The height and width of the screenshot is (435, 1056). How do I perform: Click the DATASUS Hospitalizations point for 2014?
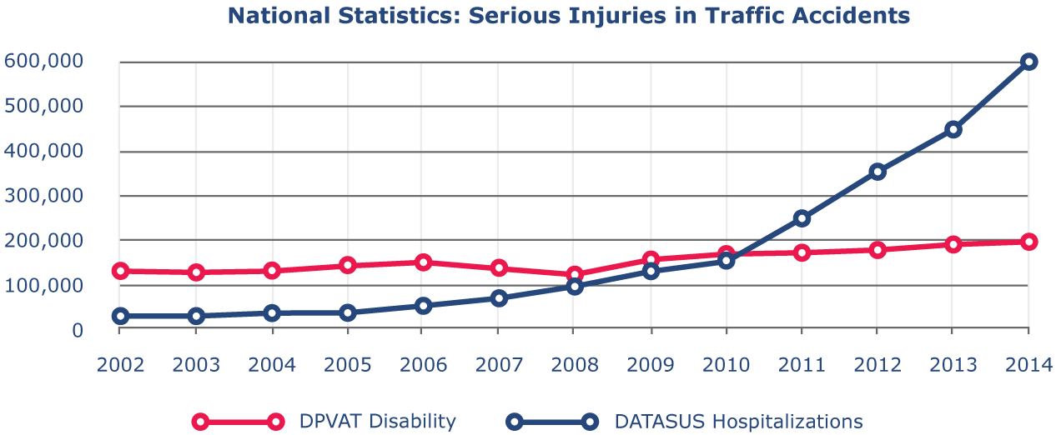point(1029,62)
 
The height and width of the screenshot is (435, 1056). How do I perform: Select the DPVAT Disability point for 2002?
point(119,271)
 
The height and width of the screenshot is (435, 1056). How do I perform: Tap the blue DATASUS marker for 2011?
point(802,218)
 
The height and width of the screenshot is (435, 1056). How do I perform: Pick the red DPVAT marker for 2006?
point(422,262)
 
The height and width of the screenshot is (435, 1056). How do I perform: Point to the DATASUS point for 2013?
point(953,129)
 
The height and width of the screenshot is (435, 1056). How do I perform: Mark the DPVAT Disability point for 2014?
point(1029,242)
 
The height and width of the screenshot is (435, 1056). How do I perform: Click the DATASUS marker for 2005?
point(347,312)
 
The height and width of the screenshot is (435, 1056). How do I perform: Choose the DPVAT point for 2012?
point(877,250)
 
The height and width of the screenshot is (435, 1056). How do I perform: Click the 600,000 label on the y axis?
point(43,62)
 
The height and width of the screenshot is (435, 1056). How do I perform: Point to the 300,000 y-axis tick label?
point(43,196)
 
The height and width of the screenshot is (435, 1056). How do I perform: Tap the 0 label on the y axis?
point(77,330)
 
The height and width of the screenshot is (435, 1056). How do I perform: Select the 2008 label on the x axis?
point(575,365)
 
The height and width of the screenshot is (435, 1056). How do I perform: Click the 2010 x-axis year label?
point(727,365)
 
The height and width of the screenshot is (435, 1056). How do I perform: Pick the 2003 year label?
point(196,365)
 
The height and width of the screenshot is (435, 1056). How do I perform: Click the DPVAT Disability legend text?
point(377,421)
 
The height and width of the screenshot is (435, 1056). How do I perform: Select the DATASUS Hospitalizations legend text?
point(738,421)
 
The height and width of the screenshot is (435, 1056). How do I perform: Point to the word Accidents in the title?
point(856,15)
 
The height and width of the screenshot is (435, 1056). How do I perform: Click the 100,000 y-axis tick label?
point(43,285)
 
